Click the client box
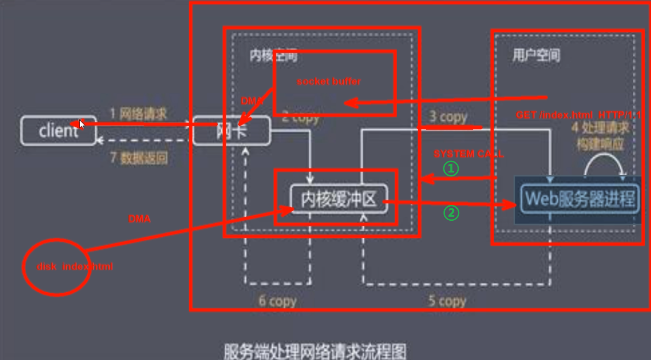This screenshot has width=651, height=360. point(57,131)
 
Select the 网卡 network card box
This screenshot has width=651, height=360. point(231,131)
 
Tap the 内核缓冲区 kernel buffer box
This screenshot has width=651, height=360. point(339,200)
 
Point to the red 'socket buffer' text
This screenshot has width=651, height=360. point(329,81)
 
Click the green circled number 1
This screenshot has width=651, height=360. point(451,169)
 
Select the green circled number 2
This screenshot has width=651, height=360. point(451,213)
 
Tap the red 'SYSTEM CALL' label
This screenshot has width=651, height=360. point(469,154)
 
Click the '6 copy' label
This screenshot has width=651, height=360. point(277,301)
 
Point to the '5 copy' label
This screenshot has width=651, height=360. point(447,301)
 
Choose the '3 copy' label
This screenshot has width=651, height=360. point(448,117)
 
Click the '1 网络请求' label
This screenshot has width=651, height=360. point(138,114)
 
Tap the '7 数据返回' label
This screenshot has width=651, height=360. point(139,157)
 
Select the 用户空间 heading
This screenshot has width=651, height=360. point(536,55)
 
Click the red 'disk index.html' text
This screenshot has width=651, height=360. point(74,267)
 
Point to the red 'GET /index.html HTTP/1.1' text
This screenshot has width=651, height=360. point(578,115)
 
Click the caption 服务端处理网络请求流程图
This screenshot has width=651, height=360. point(315,351)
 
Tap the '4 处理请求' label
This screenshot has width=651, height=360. point(600,128)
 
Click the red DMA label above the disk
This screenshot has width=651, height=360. point(139,219)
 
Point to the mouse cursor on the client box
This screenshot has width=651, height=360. point(81,124)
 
